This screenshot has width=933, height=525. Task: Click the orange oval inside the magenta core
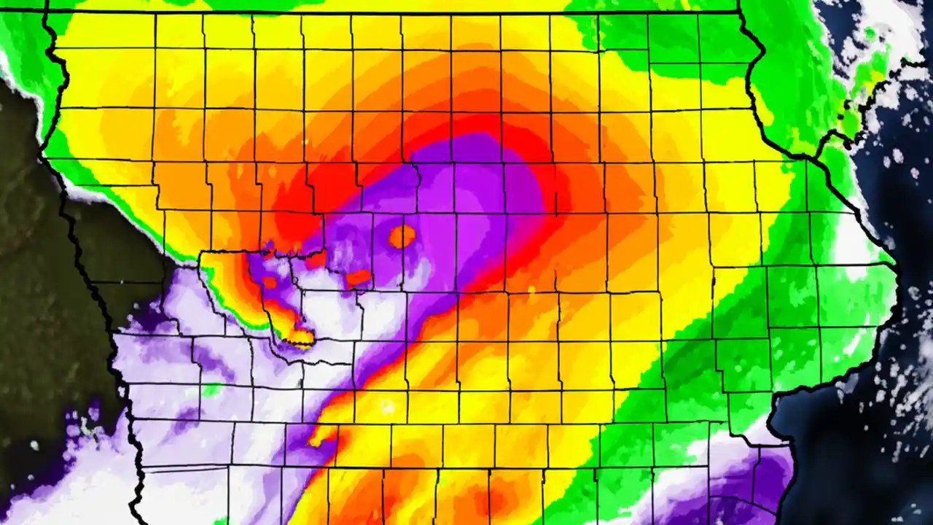click(x=402, y=236)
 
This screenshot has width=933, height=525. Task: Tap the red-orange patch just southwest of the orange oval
click(x=358, y=277)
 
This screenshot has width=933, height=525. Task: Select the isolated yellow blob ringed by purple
click(x=300, y=337)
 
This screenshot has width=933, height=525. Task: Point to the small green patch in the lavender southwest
click(x=211, y=390)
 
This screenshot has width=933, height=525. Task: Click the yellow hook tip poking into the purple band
click(x=318, y=440)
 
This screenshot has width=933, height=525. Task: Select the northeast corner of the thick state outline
click(x=739, y=12)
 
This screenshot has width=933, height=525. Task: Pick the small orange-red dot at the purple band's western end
click(x=269, y=281)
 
